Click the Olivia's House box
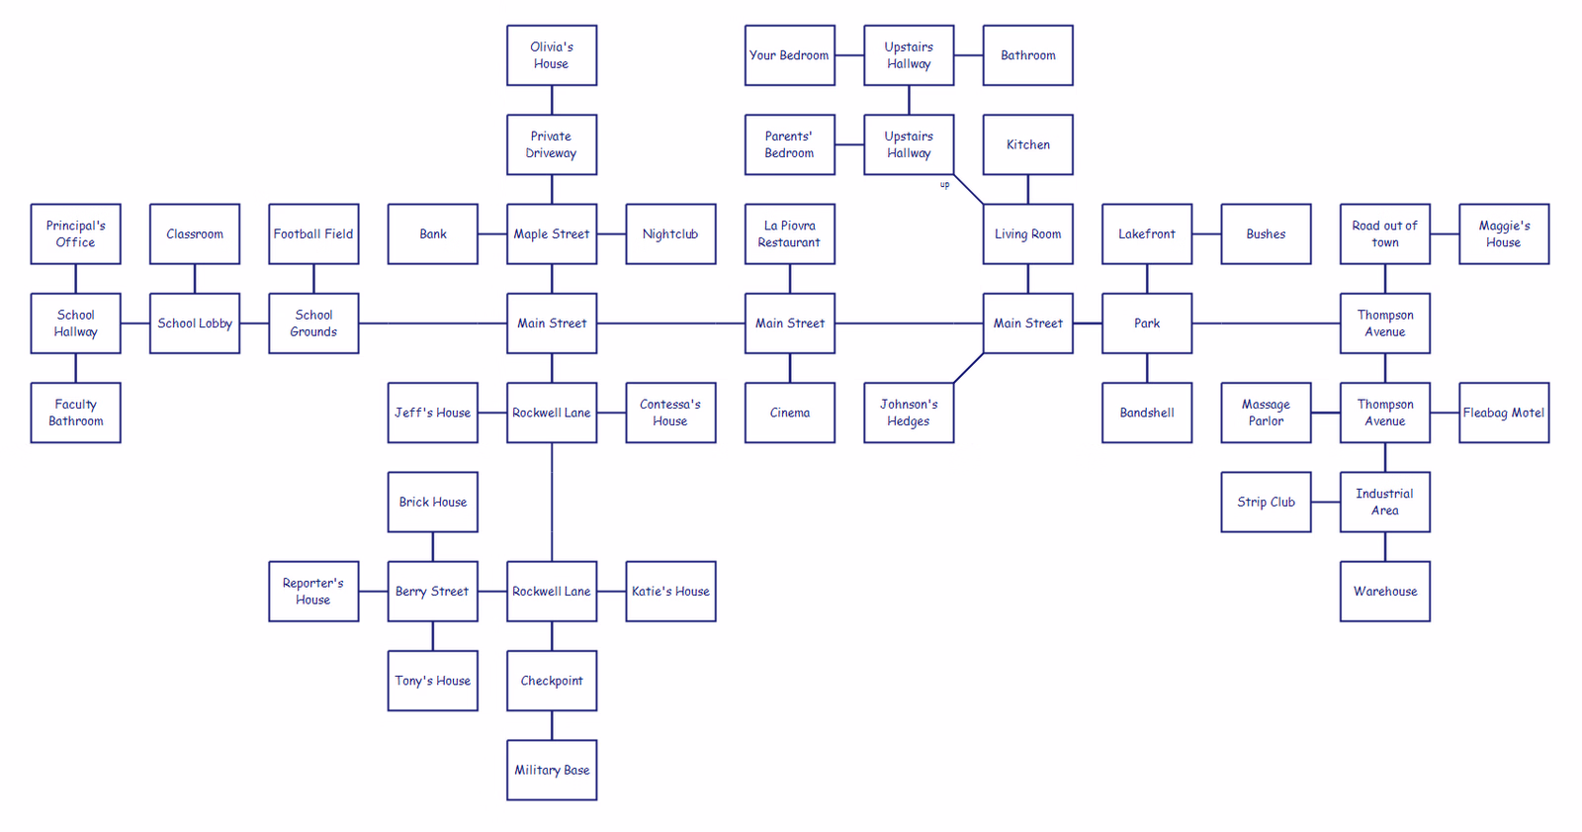552,55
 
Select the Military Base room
552,770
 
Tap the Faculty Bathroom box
75,413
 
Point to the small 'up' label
945,185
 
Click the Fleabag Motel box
1504,413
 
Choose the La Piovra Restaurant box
790,234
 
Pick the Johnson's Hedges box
909,413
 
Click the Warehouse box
1385,592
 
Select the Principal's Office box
75,234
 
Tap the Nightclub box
671,234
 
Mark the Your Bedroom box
790,55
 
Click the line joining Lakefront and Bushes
1207,234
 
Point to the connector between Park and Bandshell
1147,368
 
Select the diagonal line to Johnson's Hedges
969,368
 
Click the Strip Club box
1267,502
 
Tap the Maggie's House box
1504,234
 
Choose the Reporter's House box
313,592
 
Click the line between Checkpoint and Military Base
552,725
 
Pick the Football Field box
313,234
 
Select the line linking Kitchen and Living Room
1027,189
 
